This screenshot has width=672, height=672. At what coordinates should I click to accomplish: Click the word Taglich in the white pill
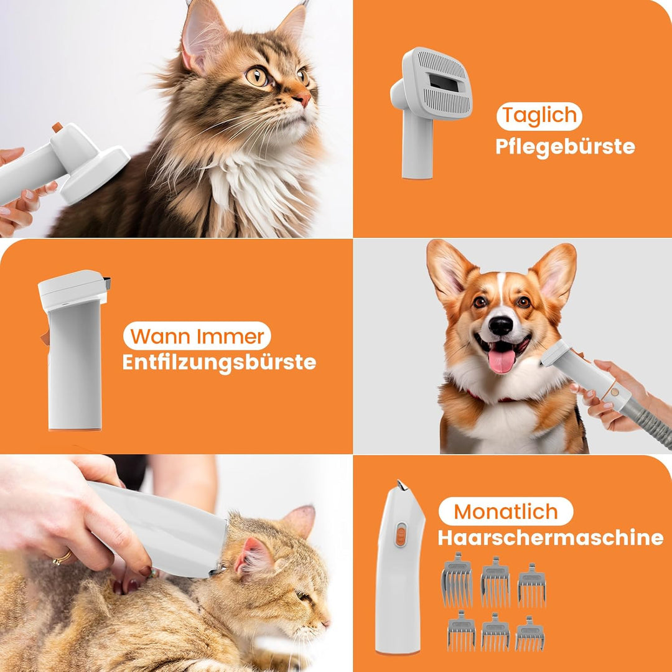coord(539,116)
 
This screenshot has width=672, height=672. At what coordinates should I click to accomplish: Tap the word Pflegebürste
coord(565,147)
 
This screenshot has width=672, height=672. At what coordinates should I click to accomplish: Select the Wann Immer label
coord(197,336)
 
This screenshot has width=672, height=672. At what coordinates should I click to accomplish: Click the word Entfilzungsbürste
coord(220,363)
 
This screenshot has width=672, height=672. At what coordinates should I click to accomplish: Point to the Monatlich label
coord(506,511)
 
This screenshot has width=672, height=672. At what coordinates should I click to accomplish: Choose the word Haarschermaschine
coord(550,538)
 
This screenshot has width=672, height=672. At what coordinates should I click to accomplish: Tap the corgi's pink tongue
coord(502,360)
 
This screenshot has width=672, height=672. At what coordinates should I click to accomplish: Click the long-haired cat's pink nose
coord(304,99)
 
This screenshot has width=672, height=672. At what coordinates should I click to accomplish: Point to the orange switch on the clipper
coord(400,534)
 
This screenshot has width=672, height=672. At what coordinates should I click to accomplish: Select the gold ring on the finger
coord(62,558)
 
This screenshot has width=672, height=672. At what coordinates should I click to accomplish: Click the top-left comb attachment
coord(457,579)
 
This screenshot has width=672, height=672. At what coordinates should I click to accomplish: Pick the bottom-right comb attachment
coord(530,634)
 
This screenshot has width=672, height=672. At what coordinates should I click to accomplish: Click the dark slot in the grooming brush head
coord(443,82)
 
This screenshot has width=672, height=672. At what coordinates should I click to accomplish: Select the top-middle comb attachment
coord(495,582)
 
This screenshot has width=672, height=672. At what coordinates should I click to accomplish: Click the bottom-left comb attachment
coord(461,631)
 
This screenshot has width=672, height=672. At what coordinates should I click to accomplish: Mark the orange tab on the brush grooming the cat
coord(57,128)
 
